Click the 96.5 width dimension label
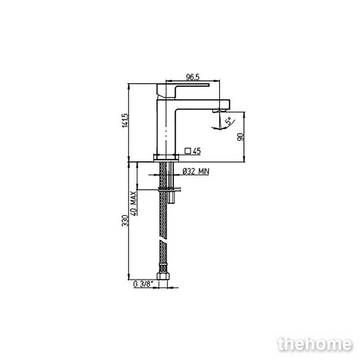(192, 77)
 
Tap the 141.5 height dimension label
(125, 120)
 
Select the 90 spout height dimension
(240, 137)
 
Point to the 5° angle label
(228, 121)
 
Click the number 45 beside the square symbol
(197, 151)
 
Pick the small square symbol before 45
(188, 151)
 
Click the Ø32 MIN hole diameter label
(196, 171)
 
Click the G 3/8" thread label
(143, 284)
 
